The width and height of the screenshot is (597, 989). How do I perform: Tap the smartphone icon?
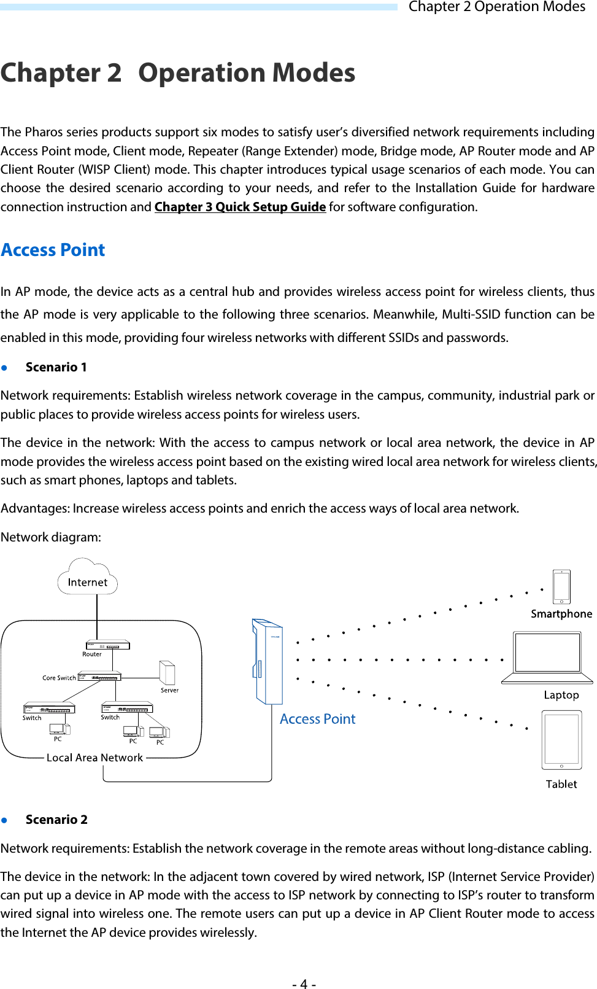(x=561, y=587)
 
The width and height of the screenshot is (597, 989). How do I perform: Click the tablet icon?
(x=561, y=740)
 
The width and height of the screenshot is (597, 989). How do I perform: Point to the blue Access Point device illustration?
(x=268, y=662)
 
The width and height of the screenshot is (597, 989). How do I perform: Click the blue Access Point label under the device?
(x=317, y=719)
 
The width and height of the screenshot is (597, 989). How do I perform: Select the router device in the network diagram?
(x=107, y=645)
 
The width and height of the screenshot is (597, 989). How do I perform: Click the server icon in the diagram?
(x=167, y=673)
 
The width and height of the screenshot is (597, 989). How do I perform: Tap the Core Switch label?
(x=59, y=678)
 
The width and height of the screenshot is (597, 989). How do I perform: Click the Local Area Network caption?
(x=94, y=758)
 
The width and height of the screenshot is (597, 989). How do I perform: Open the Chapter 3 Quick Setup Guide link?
(x=240, y=207)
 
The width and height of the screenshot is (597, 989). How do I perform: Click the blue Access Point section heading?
(x=53, y=250)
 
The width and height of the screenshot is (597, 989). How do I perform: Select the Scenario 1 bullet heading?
(x=56, y=367)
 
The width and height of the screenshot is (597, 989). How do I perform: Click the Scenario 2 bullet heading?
(x=56, y=820)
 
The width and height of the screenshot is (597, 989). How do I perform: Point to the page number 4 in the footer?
(x=304, y=984)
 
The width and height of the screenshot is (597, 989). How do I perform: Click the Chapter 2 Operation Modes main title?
(x=178, y=73)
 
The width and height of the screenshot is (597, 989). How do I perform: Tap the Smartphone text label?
(x=561, y=614)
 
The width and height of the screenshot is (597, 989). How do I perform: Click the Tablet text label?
(x=561, y=784)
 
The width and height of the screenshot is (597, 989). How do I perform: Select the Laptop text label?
(x=561, y=695)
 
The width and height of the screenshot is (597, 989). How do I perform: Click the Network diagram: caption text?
(x=51, y=537)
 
